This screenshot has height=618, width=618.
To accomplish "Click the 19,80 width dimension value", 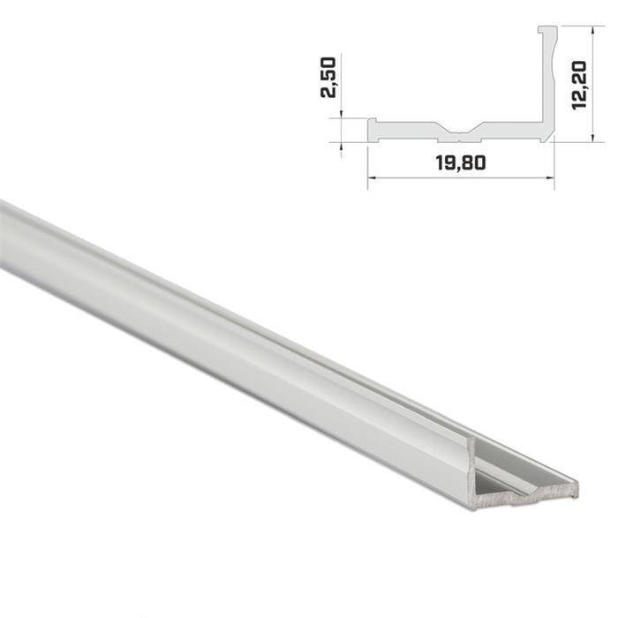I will point(460,162).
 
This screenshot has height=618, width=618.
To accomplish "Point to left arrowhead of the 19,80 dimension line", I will point(370,177).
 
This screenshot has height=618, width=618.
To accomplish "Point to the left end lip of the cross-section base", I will point(373,129).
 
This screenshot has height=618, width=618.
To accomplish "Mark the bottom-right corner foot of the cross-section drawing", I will point(548,138).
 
